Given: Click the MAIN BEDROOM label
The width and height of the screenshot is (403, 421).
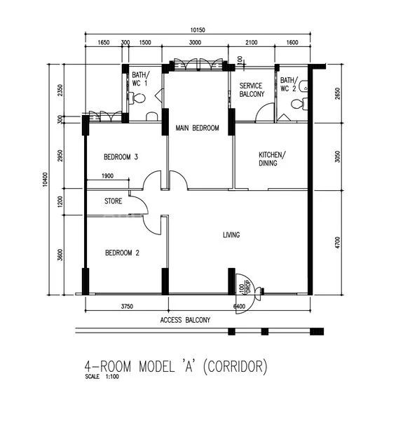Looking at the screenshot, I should click(197, 128).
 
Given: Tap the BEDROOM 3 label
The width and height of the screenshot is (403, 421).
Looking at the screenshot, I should click(121, 156).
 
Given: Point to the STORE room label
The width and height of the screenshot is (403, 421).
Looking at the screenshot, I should click(114, 201).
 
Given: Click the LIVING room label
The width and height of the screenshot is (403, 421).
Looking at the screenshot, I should click(231, 235).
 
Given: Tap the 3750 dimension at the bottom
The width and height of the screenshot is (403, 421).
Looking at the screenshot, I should click(127, 306).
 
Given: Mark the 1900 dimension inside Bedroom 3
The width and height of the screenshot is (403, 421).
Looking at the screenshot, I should click(108, 176).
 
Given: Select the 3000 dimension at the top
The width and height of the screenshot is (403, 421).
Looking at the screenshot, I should click(195, 43).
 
